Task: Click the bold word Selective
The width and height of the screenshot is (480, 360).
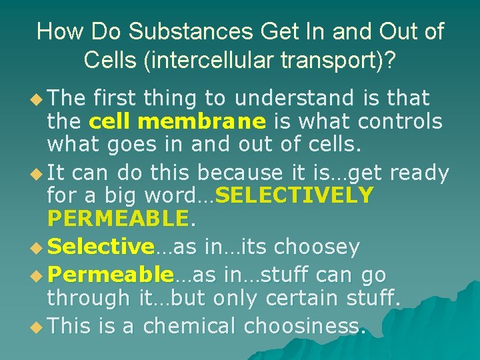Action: [x=101, y=247]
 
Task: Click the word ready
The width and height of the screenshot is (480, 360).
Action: [x=419, y=173]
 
